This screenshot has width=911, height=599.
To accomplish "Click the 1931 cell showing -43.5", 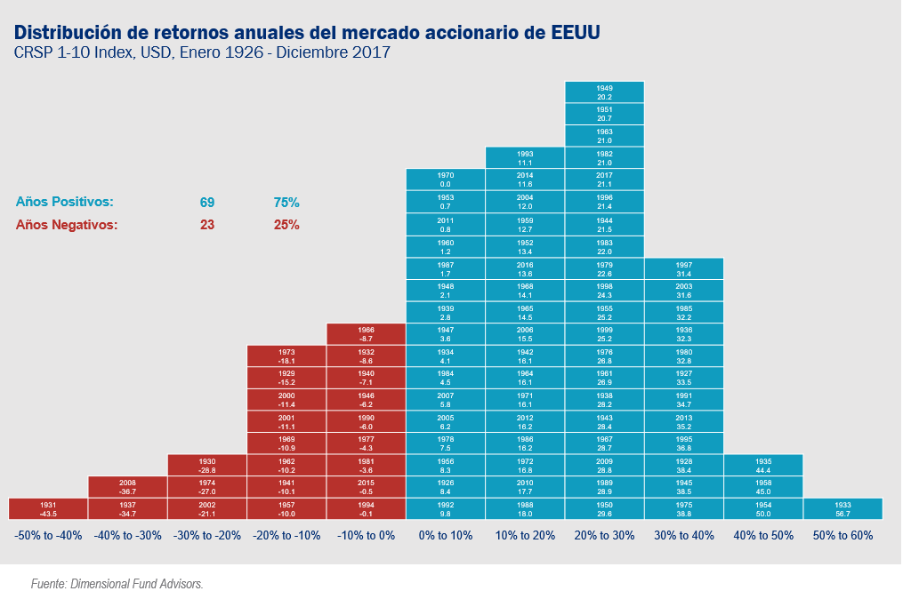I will click(x=48, y=508).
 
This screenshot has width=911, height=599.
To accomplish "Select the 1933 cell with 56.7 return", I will click(x=842, y=508).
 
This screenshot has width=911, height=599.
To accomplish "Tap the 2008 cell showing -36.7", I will click(x=127, y=486).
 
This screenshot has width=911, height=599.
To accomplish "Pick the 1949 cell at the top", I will click(x=604, y=92).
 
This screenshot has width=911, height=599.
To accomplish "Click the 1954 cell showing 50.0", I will click(x=763, y=508).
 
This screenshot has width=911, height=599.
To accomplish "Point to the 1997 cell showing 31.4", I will click(x=684, y=268).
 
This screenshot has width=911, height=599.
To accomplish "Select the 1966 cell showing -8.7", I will click(x=366, y=333).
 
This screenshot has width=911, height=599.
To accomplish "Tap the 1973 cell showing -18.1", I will click(x=286, y=355).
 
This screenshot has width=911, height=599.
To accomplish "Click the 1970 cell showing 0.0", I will click(x=446, y=179).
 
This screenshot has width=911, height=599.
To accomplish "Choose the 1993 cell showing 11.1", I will click(x=525, y=157).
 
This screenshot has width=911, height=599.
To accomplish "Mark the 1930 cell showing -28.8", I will click(x=207, y=465).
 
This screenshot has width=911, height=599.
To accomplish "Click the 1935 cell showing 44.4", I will click(x=763, y=465).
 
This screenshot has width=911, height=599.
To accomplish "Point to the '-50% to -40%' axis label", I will click(x=48, y=536).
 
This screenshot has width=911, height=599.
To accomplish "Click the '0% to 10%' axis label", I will click(x=446, y=536).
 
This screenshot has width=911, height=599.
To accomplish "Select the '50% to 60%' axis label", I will click(x=842, y=536).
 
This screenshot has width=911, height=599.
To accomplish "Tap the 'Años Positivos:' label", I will click(x=64, y=203).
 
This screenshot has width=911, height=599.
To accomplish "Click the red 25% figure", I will click(x=286, y=225).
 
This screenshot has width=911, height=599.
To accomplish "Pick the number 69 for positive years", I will click(x=207, y=203).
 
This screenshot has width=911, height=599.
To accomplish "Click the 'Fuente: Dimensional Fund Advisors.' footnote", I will click(x=117, y=584).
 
